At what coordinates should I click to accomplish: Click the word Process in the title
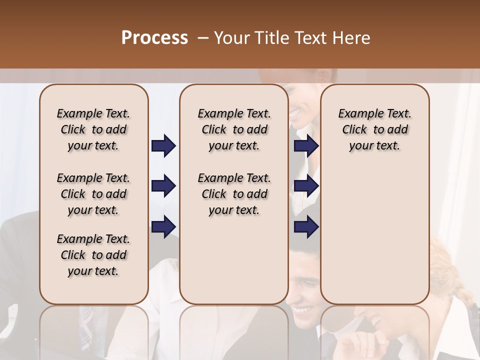coord(154,37)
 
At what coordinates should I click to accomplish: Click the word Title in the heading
coord(271,37)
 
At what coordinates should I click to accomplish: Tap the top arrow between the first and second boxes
coord(163,146)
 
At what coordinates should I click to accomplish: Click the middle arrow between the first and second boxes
coord(163,186)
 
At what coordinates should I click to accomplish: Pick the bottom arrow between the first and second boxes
coord(163,227)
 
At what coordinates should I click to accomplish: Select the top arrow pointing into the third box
coord(306,146)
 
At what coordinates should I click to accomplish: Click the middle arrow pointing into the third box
coord(306,186)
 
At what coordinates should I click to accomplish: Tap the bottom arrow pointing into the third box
coord(306,227)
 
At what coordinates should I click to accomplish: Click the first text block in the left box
coord(93,129)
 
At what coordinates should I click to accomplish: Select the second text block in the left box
coord(93,194)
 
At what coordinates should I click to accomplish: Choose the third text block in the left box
coord(93,255)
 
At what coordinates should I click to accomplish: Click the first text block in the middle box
coord(234,129)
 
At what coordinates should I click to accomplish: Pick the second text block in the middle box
coord(234,194)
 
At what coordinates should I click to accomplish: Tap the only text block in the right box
coord(374,129)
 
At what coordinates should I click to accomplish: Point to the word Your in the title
coord(232,37)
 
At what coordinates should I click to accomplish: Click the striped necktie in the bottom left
coord(87,320)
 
